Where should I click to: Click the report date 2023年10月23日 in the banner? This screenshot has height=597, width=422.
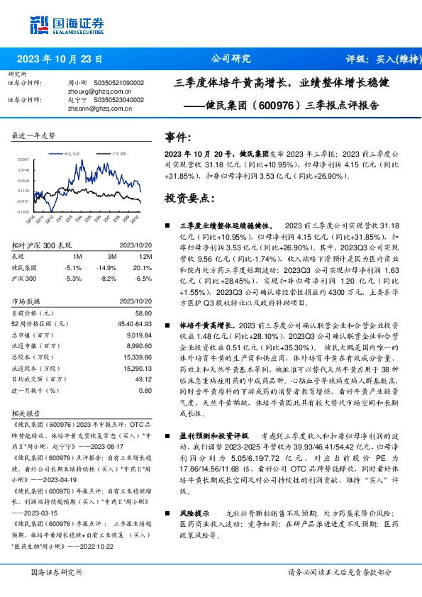coord(60,59)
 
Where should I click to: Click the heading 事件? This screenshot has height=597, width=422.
coord(178,135)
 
